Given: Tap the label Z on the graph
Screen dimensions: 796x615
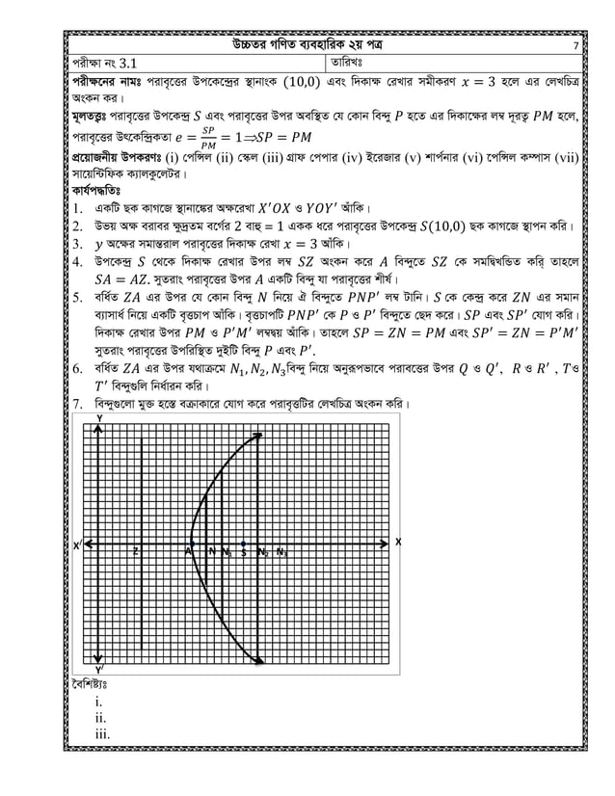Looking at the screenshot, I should point(135,552).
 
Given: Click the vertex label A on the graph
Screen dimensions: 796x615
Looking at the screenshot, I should point(188,552).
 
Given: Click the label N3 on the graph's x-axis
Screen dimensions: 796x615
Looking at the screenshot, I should point(281,552).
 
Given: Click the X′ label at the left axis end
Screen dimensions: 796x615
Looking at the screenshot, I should point(77,545).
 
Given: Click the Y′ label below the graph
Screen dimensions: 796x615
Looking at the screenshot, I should point(100,668).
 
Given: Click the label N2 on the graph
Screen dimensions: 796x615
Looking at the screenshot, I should point(262,552).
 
